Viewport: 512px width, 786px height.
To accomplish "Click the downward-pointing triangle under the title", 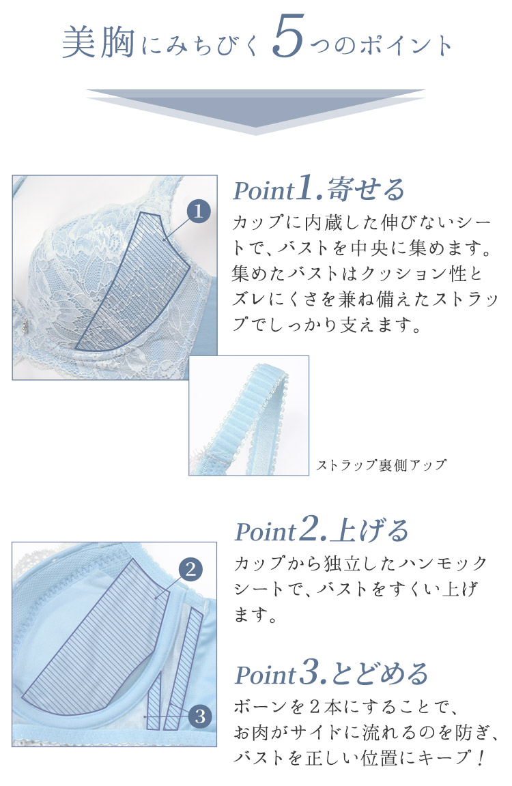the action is tap(256, 111).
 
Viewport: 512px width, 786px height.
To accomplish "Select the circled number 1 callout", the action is tap(198, 212).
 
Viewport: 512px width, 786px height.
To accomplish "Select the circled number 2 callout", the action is tap(190, 570).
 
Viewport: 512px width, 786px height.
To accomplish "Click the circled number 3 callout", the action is tap(200, 716).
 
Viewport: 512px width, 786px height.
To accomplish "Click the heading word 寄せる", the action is tap(366, 190).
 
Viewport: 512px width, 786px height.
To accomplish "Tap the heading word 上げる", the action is tap(371, 531).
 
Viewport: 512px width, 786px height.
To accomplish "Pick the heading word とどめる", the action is tap(380, 673).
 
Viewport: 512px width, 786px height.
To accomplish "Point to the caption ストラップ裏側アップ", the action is tap(381, 465).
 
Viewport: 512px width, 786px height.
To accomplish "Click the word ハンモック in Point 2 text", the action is tap(443, 564).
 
